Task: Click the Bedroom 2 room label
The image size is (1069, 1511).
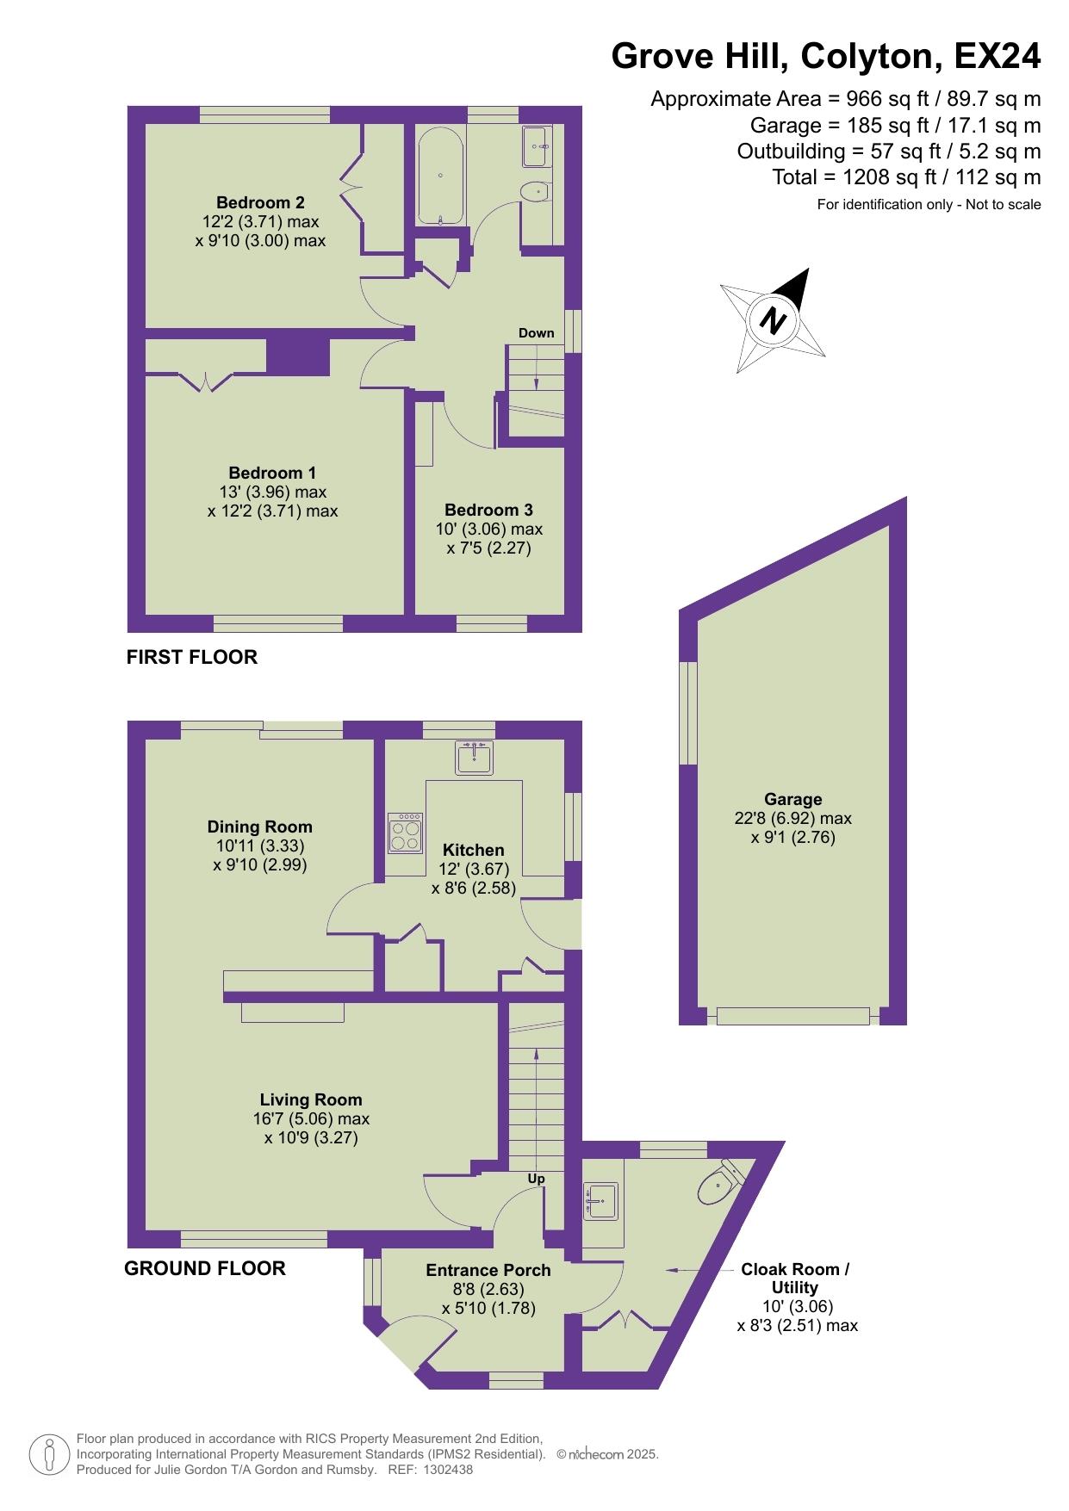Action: [x=260, y=203]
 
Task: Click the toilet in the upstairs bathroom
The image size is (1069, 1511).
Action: [x=536, y=191]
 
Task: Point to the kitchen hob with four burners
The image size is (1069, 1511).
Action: [x=406, y=833]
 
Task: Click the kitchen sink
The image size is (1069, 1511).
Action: [x=475, y=759]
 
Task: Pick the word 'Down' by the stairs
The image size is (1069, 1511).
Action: [x=536, y=333]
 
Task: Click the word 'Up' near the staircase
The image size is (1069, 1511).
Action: [x=536, y=1179]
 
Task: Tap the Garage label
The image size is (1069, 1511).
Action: [x=792, y=799]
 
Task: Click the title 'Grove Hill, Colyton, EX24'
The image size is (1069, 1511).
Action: [x=826, y=57]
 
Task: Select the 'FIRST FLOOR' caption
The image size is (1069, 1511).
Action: [x=192, y=657]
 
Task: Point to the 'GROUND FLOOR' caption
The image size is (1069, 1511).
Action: [x=205, y=1268]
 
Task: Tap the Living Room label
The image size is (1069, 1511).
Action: [x=311, y=1099]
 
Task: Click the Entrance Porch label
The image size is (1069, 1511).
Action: [x=488, y=1270]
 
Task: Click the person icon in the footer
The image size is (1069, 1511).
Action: [x=50, y=1454]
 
